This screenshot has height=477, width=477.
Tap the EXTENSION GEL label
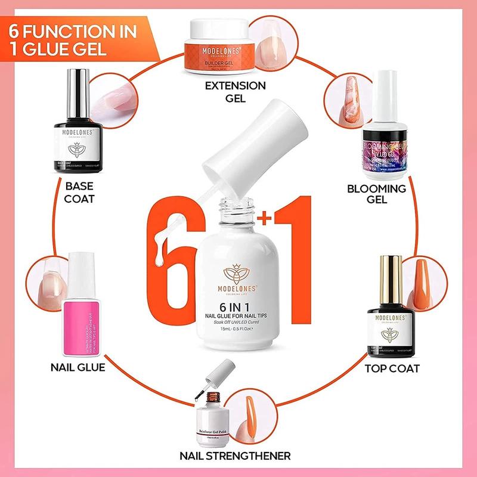coord(235,91)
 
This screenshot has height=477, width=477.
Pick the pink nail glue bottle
coord(83,310)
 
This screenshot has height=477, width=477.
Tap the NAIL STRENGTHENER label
coord(235,456)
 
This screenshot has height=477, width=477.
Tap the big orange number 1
coord(295,256)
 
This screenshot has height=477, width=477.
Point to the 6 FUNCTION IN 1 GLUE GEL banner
coord(75,39)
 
